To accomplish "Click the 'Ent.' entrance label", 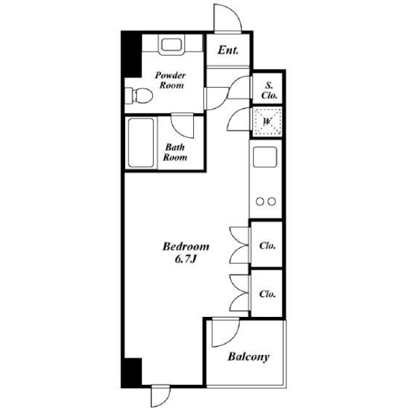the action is click(x=228, y=50).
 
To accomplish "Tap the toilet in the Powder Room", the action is click(x=139, y=95).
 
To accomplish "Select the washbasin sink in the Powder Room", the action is click(x=172, y=45).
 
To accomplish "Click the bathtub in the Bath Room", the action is click(x=141, y=143).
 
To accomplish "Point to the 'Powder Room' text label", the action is click(x=171, y=80).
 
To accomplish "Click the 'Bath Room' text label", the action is click(x=175, y=152).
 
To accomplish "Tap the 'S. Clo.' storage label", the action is click(x=269, y=90).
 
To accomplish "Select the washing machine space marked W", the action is click(x=267, y=121).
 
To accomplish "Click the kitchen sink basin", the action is click(x=265, y=156).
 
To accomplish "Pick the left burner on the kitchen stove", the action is click(x=260, y=201).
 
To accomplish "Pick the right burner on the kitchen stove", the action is click(x=271, y=201).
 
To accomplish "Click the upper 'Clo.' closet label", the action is click(x=267, y=245).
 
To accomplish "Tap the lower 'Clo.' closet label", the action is click(x=267, y=294).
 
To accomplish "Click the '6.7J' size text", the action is click(x=185, y=259).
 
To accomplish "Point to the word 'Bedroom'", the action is click(x=186, y=246).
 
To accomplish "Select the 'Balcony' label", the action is click(x=248, y=357).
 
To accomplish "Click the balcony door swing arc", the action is click(x=233, y=339).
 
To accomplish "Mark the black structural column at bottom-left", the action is click(x=132, y=371).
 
